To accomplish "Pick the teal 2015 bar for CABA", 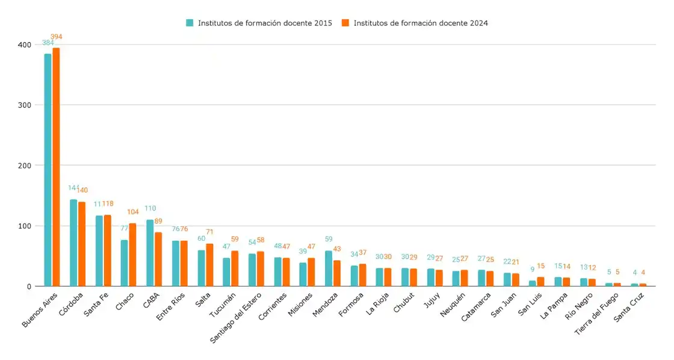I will click(x=150, y=253).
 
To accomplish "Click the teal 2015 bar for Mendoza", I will click(x=329, y=268).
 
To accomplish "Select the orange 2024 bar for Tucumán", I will click(x=235, y=268).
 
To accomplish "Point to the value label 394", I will click(x=56, y=37).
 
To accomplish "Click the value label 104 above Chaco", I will click(x=133, y=212).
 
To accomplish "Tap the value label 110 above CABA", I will click(x=149, y=208).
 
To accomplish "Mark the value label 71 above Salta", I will click(x=209, y=232).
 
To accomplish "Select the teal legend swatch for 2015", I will click(x=190, y=23).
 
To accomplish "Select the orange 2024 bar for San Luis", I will click(x=541, y=282).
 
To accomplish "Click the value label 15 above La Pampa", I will click(x=558, y=266).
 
